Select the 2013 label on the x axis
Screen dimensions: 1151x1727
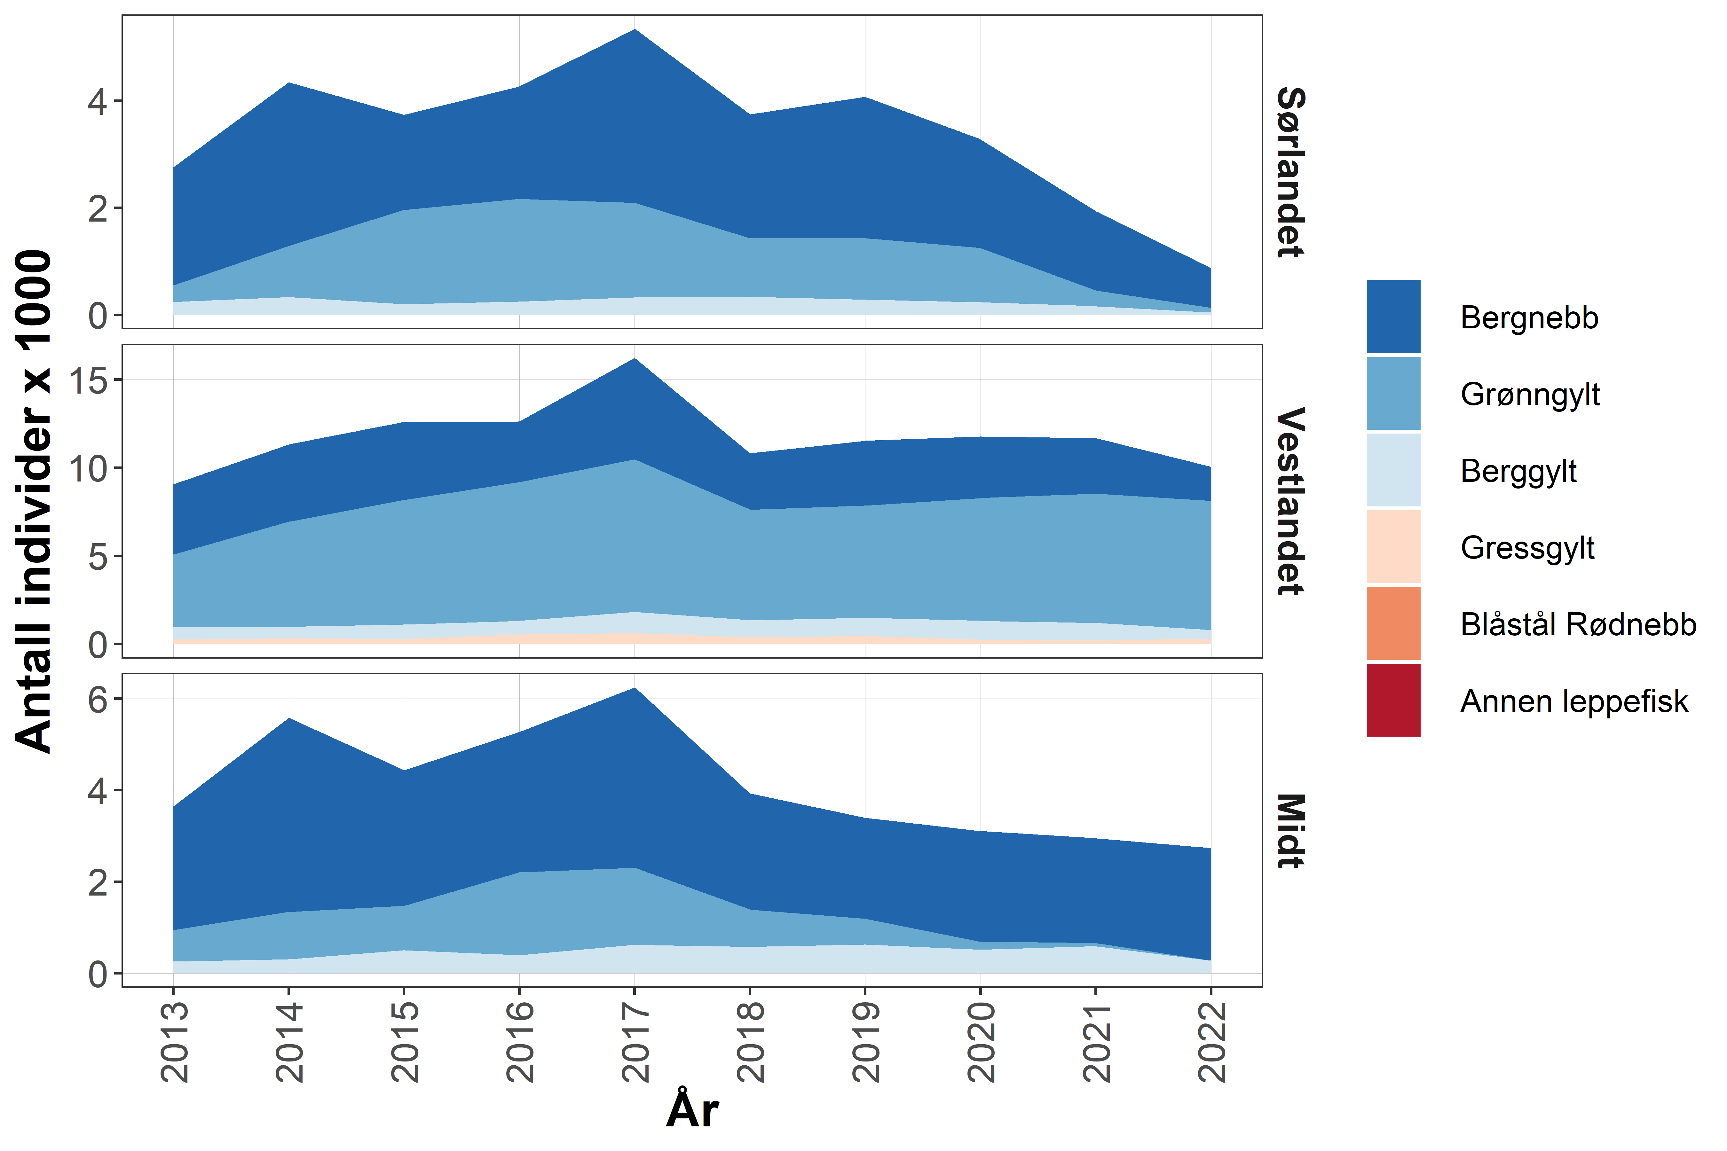click(x=174, y=1042)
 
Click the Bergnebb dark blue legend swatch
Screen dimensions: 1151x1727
click(x=1393, y=317)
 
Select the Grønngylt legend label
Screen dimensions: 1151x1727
click(x=1529, y=394)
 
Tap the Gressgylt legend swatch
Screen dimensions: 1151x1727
click(x=1393, y=547)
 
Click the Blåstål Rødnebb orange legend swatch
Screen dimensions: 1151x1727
click(x=1393, y=623)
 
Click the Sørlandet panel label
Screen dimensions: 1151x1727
click(x=1290, y=173)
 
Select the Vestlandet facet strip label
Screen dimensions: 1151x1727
click(x=1290, y=501)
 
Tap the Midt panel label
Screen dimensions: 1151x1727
click(x=1290, y=831)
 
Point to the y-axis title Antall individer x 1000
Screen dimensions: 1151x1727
click(x=34, y=501)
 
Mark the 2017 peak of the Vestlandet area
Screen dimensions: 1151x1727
click(x=635, y=359)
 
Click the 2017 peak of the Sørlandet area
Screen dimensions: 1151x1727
click(x=635, y=30)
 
